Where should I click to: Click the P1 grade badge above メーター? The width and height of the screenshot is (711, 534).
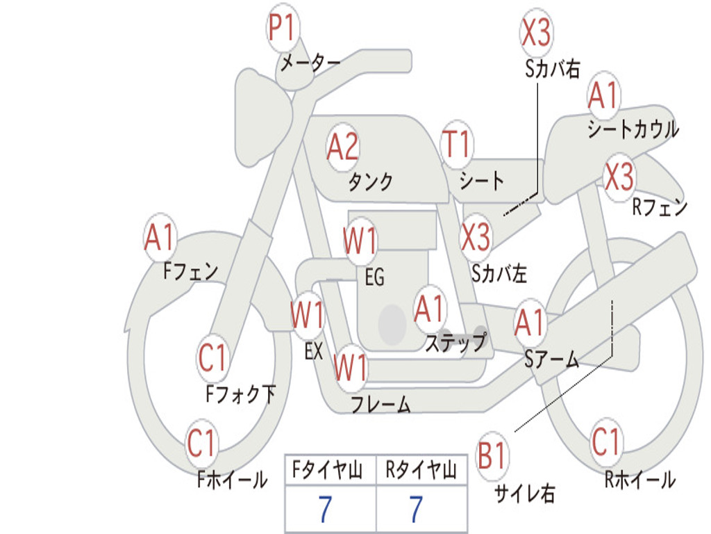click(283, 28)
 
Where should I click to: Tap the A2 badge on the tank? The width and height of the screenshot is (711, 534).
click(342, 147)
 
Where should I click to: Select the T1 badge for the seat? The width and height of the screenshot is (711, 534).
click(457, 144)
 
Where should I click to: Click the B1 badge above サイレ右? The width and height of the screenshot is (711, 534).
click(492, 455)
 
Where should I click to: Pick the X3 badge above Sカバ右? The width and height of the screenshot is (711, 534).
click(537, 33)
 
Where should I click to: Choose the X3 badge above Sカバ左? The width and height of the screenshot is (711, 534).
click(476, 237)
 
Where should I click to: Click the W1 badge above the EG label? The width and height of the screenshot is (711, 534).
click(360, 240)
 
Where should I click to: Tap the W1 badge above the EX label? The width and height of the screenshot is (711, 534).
click(308, 315)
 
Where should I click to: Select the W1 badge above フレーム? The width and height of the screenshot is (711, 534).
click(351, 367)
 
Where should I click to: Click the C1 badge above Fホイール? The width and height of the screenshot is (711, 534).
click(201, 443)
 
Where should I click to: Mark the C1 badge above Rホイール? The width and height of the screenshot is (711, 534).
click(605, 442)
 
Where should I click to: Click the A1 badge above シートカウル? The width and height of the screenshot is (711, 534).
click(603, 95)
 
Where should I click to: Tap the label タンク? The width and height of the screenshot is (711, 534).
click(371, 181)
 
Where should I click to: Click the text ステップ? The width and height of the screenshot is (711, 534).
click(456, 342)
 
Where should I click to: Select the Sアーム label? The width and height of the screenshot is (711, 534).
click(552, 359)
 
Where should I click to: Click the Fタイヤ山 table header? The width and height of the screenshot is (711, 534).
click(327, 469)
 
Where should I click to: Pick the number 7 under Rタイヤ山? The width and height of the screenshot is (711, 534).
click(417, 508)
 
